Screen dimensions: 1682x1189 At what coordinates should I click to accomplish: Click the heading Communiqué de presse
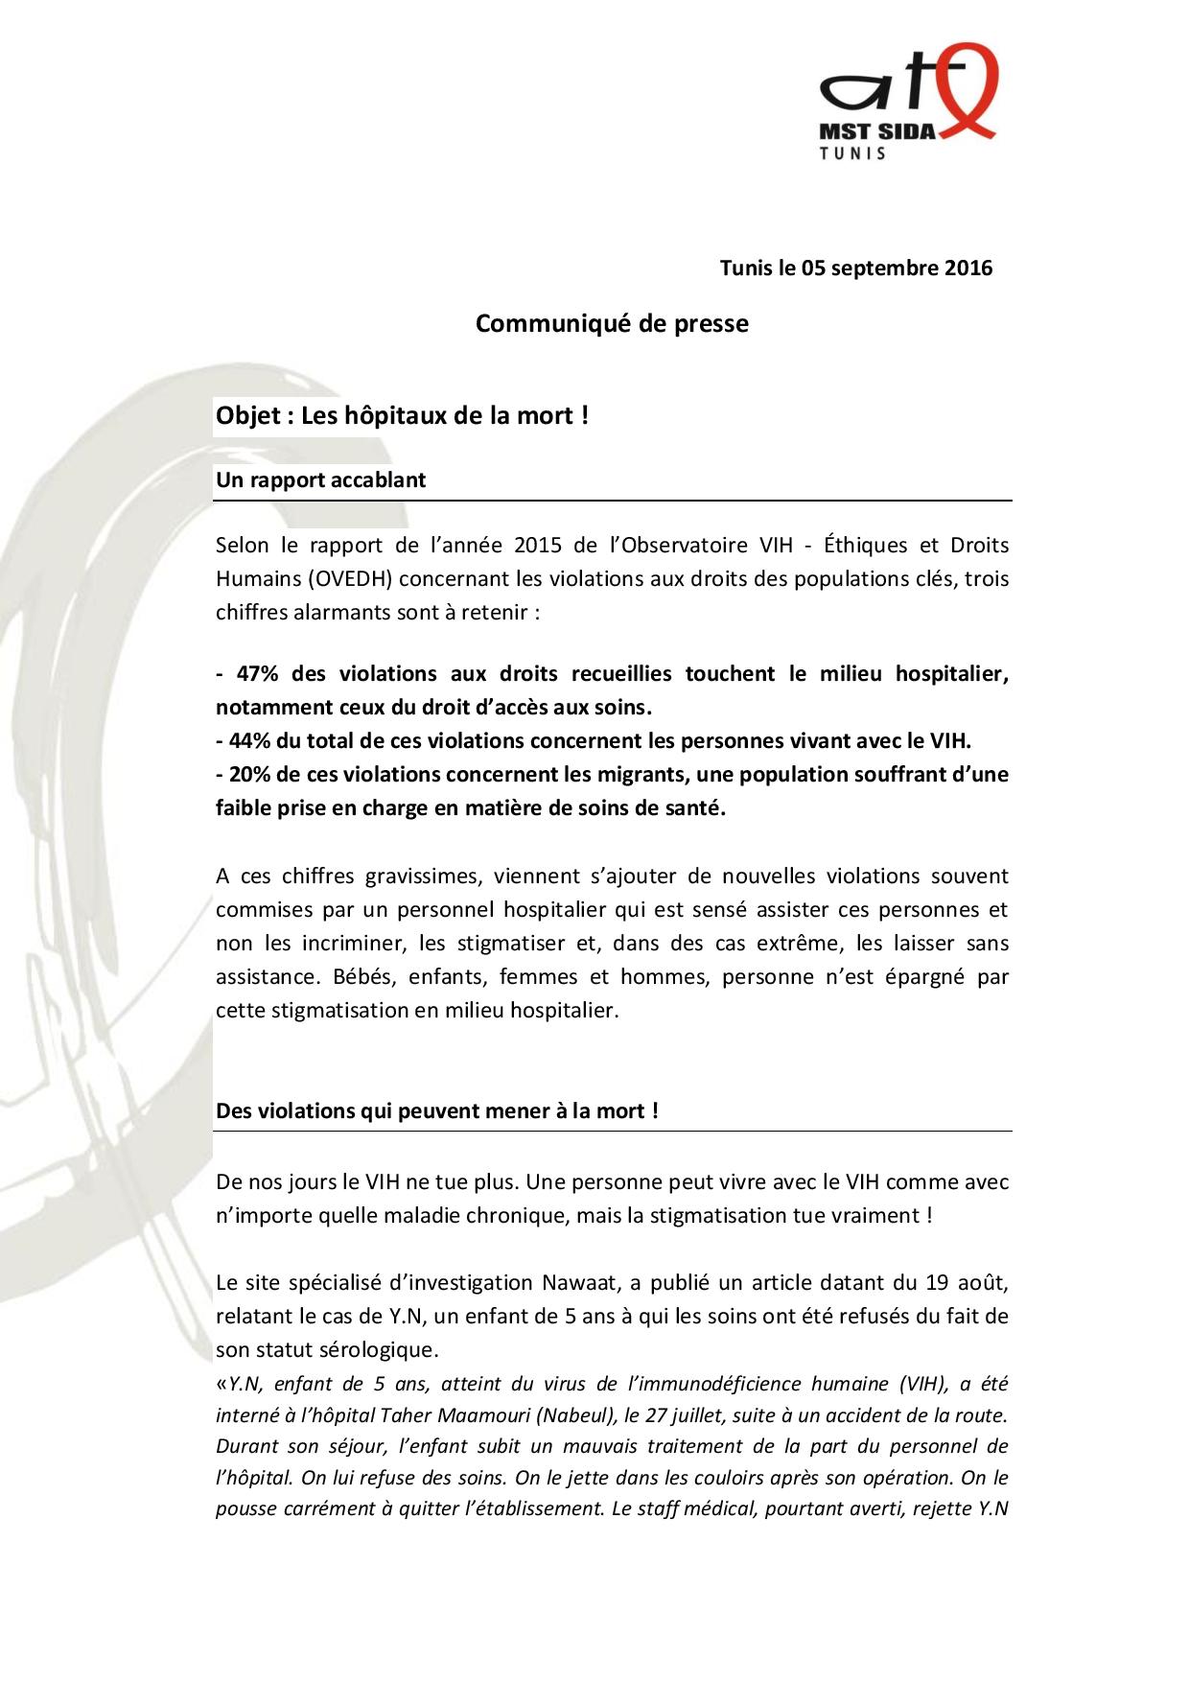(x=612, y=324)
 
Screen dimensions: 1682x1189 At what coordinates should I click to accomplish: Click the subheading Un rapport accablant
(x=320, y=480)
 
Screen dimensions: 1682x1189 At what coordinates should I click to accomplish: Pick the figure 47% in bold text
(x=257, y=673)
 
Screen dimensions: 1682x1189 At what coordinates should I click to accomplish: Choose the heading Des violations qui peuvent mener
(x=436, y=1111)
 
